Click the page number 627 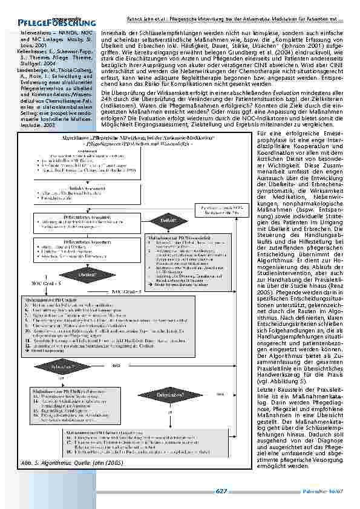(x=221, y=491)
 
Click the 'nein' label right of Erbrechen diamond (x=116, y=366)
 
